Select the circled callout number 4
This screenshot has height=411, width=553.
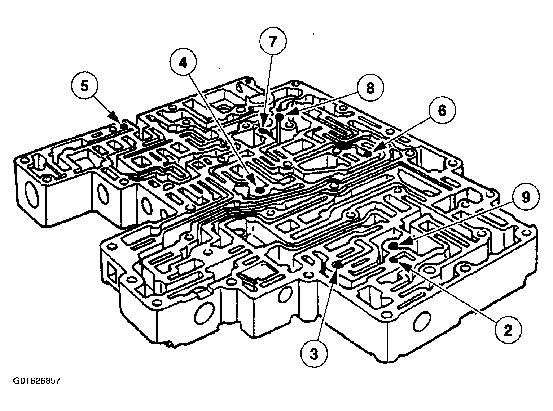point(184,62)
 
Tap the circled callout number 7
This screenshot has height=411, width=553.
point(273,41)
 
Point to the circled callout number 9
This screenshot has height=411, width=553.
point(525,197)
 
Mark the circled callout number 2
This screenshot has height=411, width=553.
point(508,330)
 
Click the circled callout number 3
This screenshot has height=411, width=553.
point(314,354)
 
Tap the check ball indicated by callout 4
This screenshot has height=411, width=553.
point(260,190)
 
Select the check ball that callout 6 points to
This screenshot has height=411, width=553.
point(367,154)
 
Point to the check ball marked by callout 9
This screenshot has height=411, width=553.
point(394,246)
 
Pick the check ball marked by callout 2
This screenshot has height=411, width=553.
point(394,259)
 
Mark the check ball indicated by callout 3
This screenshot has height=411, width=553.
point(338,265)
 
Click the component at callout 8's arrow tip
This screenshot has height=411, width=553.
point(280,117)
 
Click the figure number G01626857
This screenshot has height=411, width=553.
point(37,381)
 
